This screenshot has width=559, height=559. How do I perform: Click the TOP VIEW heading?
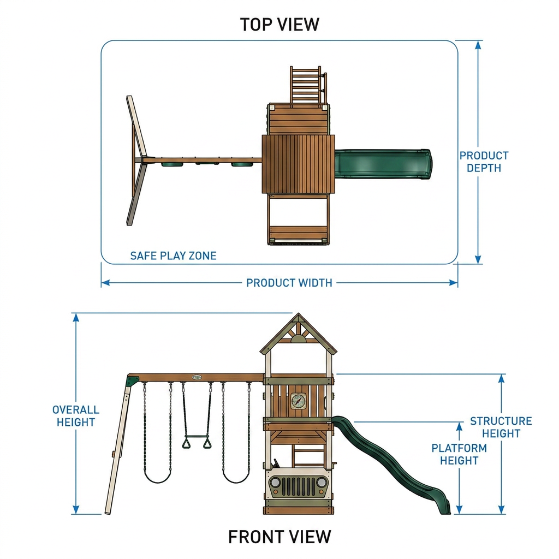[x=279, y=25]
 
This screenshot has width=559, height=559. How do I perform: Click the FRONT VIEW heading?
[x=279, y=537]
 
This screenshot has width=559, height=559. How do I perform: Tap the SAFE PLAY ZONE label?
[x=173, y=255]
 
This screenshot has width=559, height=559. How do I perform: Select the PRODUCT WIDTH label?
[x=289, y=283]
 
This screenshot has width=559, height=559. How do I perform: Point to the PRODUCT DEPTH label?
[x=484, y=162]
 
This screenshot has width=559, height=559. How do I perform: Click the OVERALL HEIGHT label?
[x=75, y=415]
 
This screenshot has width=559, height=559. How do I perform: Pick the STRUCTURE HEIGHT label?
[x=501, y=427]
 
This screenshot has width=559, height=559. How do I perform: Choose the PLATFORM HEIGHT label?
[x=459, y=454]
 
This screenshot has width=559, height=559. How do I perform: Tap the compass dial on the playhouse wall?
[x=298, y=401]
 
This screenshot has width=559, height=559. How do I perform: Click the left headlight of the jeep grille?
[x=275, y=483]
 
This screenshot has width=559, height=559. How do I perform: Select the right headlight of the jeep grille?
[x=321, y=483]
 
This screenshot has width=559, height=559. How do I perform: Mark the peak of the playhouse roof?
[x=299, y=314]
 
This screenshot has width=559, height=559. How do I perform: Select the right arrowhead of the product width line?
[x=454, y=283]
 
